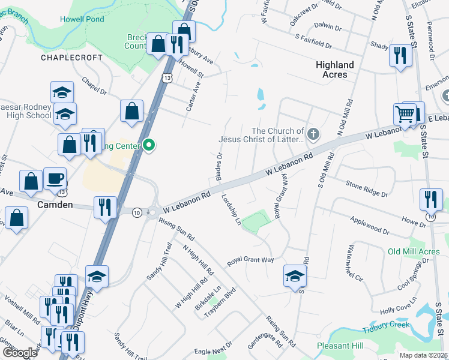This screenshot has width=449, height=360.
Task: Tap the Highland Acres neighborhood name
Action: (335, 70)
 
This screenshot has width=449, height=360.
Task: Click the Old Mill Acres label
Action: (414, 251)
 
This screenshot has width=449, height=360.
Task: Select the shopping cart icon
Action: (405, 113)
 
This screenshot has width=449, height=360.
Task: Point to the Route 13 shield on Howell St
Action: (167, 78)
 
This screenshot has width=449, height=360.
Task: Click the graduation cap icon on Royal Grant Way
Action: (295, 276)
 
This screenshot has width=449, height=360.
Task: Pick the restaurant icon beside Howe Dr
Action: (430, 199)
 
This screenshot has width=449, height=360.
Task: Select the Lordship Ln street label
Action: (231, 209)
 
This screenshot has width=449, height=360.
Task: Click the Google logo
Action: (20, 353)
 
